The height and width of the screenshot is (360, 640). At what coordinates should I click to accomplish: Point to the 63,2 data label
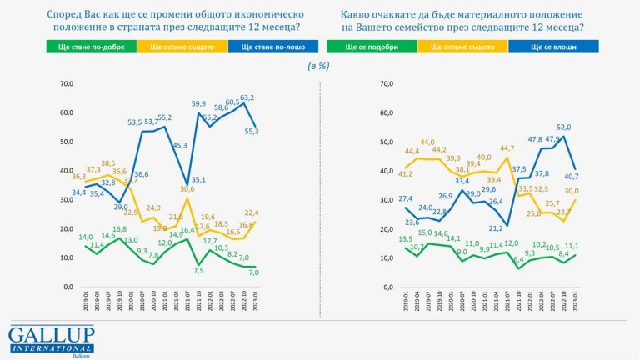[247, 97]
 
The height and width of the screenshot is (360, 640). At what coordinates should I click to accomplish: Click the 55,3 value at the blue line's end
[250, 131]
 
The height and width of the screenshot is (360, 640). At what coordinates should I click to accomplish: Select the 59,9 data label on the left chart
[198, 104]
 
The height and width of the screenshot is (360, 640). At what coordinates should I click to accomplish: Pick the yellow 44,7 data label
[507, 149]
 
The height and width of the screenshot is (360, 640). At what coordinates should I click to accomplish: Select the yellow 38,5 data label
[107, 163]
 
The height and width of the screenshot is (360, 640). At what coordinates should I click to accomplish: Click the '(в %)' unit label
[318, 65]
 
